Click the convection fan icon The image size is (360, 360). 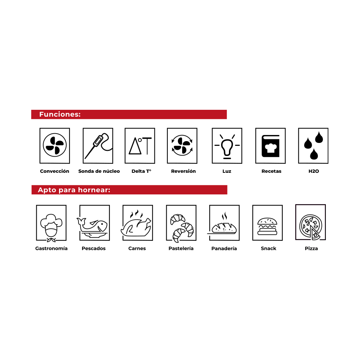click(x=55, y=145)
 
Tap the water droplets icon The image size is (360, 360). click(x=314, y=145)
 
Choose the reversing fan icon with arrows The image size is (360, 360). click(x=182, y=145)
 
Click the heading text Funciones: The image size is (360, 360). click(x=60, y=114)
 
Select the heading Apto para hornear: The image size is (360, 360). click(x=74, y=190)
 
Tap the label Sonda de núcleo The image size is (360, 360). click(x=99, y=171)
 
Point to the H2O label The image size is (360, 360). click(x=314, y=171)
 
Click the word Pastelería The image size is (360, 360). click(x=181, y=248)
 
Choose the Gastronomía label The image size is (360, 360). click(x=51, y=248)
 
